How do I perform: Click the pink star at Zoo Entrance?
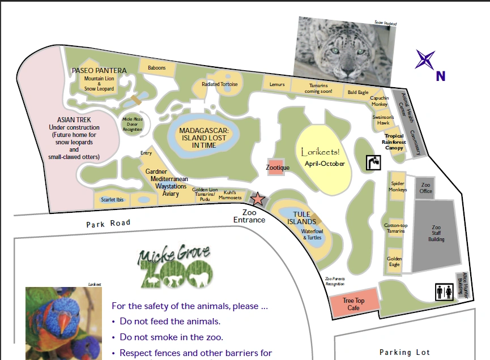pyautogui.click(x=258, y=199)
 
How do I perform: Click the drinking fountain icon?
pyautogui.click(x=373, y=162)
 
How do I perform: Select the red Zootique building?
pyautogui.click(x=278, y=167)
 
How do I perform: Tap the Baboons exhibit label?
pyautogui.click(x=157, y=68)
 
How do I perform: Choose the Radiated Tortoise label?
pyautogui.click(x=220, y=84)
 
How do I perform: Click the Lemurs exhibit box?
pyautogui.click(x=277, y=84)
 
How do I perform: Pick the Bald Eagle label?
pyautogui.click(x=358, y=92)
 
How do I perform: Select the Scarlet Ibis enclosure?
pyautogui.click(x=112, y=200)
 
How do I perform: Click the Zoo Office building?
pyautogui.click(x=426, y=188)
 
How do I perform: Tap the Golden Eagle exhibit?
pyautogui.click(x=394, y=262)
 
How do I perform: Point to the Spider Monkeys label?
pyautogui.click(x=398, y=186)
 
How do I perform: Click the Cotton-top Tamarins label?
pyautogui.click(x=394, y=228)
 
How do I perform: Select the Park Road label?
pyautogui.click(x=108, y=223)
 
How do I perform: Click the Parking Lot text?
pyautogui.click(x=405, y=352)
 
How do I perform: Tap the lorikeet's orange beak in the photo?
pyautogui.click(x=66, y=323)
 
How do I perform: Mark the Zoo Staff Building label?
pyautogui.click(x=436, y=233)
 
